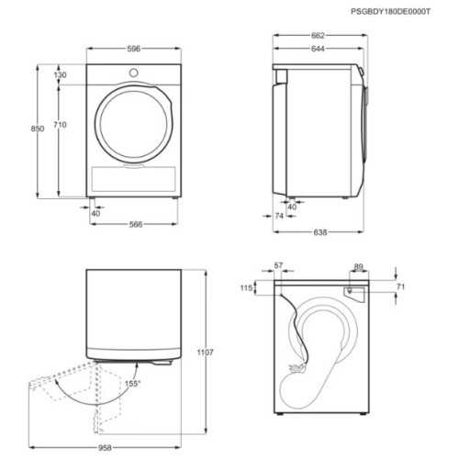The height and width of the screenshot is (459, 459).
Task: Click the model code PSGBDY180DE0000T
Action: pos(390,12)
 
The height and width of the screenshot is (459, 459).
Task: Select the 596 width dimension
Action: pos(134,49)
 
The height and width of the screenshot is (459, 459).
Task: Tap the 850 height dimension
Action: pos(38,129)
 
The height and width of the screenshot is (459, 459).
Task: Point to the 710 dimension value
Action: pos(60,125)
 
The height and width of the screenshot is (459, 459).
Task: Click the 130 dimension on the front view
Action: pos(60,74)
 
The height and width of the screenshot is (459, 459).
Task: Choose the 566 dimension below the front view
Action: pos(136,225)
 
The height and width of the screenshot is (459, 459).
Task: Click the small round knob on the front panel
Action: pos(134,73)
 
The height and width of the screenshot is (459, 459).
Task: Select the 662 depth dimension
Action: pos(318,36)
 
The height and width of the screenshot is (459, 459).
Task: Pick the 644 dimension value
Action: pos(318,49)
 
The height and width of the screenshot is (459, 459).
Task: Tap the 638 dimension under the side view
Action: pos(320,232)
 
